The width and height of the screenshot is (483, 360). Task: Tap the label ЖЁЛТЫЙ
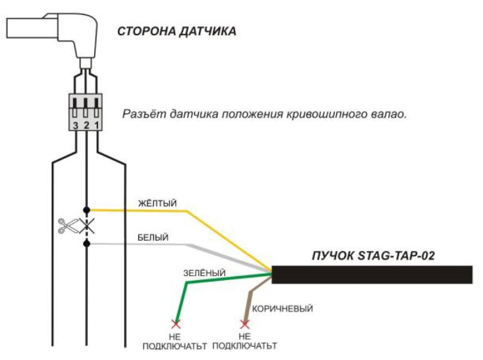click(157, 203)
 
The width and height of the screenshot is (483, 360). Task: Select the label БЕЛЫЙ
click(153, 238)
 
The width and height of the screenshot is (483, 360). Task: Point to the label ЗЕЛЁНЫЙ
click(204, 273)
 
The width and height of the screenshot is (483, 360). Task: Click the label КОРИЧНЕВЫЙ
click(283, 308)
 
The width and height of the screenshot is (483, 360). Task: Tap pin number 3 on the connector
click(75, 125)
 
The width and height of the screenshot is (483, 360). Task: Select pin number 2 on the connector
click(86, 125)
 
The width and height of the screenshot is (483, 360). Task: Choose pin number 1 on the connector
click(97, 125)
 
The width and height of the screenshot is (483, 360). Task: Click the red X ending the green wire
click(176, 324)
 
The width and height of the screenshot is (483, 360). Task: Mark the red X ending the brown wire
click(245, 324)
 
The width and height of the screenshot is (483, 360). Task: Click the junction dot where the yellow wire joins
click(87, 210)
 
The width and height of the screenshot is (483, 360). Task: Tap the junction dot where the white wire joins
click(87, 244)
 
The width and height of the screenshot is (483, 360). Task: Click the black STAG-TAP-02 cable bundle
click(372, 275)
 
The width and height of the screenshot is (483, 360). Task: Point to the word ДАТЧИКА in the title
click(208, 31)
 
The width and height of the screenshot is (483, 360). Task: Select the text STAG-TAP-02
click(396, 256)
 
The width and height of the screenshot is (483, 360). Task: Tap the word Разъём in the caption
click(144, 114)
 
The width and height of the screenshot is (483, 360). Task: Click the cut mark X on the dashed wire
click(86, 226)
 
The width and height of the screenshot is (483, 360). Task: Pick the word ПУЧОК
click(333, 256)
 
